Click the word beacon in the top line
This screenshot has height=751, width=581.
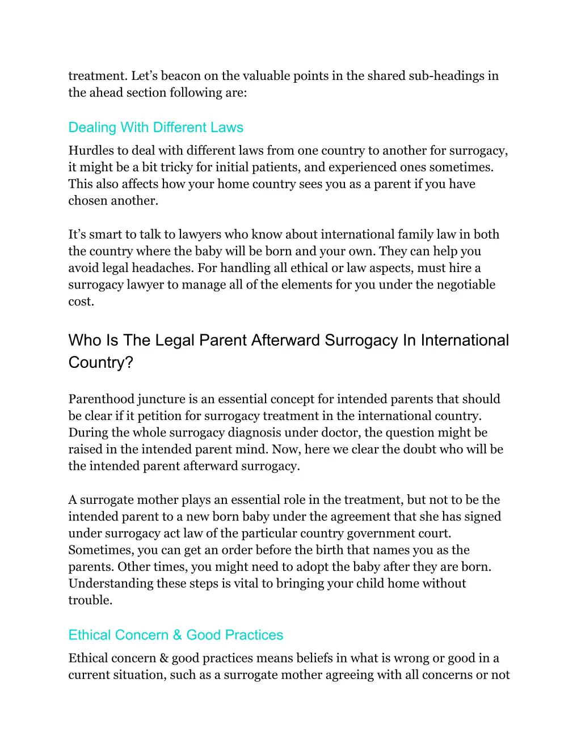point(181,76)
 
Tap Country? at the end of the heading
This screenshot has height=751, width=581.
point(101,362)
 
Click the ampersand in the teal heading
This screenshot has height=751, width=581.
point(178,635)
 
